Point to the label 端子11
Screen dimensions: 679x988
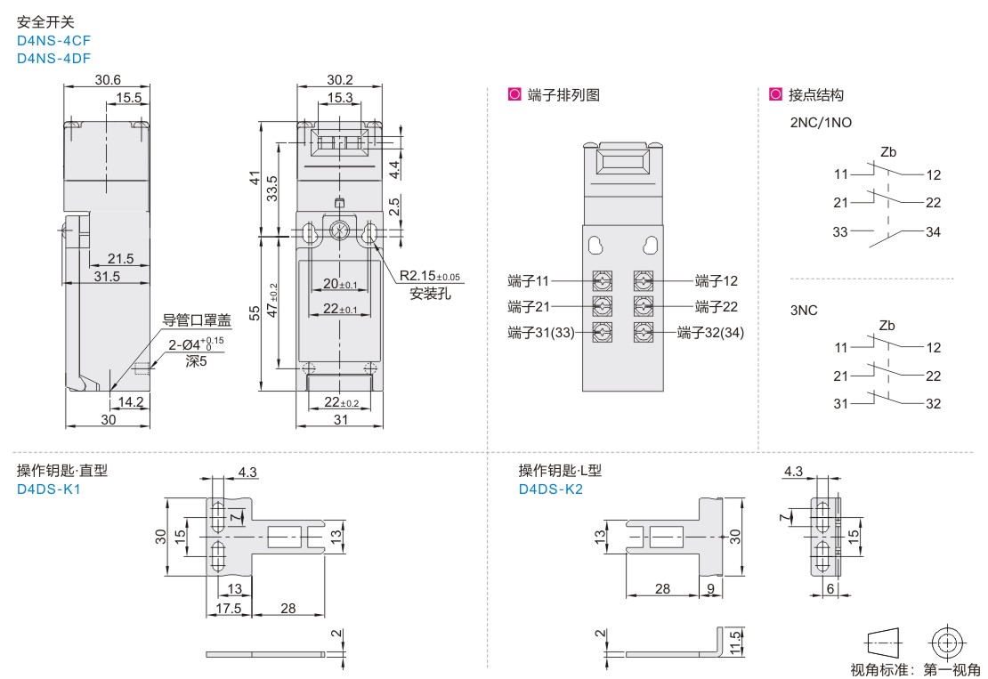(527, 282)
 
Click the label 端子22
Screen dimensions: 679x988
(717, 307)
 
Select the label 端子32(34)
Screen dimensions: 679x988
(710, 334)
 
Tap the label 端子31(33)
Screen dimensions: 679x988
(539, 334)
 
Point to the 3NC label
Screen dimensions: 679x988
(805, 311)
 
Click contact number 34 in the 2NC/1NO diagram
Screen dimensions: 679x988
(933, 233)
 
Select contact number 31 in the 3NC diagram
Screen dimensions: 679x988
(842, 405)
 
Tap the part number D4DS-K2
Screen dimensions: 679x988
(550, 489)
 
